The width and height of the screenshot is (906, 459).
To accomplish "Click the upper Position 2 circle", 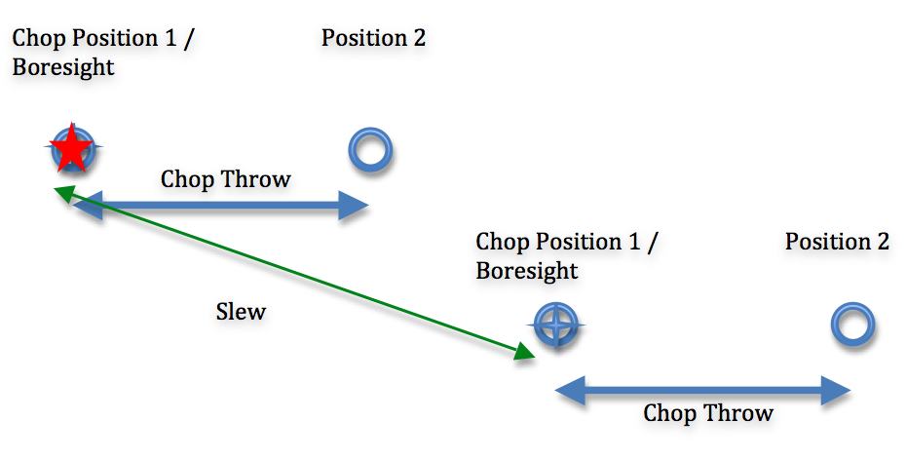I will coord(370,150).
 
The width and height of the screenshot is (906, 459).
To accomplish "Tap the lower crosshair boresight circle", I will coord(556,324).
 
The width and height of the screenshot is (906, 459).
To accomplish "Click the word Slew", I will coord(241,313).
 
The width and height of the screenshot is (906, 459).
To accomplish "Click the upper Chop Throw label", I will coord(225,179).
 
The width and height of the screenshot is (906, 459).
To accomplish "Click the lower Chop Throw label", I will coord(707,413).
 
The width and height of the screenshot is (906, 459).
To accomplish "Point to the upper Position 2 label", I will coord(373,39).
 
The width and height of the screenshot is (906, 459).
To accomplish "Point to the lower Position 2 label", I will coord(837,243).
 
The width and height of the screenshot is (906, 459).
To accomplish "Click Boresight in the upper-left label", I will coord(62,68).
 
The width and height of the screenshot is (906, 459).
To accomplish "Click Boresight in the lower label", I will coord(526,271).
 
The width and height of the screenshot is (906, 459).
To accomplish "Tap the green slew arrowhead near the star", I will coord(63,191).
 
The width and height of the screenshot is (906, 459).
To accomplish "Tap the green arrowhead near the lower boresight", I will coord(523,352).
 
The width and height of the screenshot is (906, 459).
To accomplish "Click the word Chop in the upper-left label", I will coord(37,39).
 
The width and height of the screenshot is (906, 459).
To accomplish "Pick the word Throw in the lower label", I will coord(740,413).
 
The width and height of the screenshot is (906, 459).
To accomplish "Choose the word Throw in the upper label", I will coord(258,179).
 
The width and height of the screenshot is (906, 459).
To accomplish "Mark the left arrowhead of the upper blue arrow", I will coord(87,206).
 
